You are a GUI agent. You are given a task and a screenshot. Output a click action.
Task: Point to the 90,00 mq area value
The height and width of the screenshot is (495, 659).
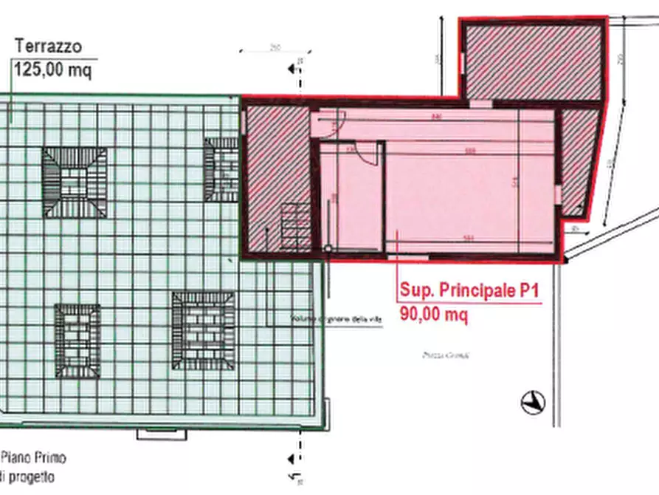pyautogui.click(x=434, y=313)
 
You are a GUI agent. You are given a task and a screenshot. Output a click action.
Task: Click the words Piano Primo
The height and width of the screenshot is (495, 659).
pyautogui.click(x=32, y=458)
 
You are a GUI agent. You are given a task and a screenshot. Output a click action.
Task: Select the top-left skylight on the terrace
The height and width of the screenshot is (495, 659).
pyautogui.click(x=74, y=182)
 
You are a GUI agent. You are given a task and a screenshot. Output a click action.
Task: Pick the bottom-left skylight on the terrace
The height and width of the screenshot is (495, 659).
pyautogui.click(x=77, y=339)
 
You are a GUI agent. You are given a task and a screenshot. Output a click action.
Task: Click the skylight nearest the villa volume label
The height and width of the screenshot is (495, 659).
pyautogui.click(x=204, y=330)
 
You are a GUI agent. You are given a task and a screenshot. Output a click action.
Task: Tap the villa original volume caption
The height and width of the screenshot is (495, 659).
pyautogui.click(x=336, y=319)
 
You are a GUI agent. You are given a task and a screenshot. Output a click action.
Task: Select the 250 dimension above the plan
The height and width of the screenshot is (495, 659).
pyautogui.click(x=274, y=49)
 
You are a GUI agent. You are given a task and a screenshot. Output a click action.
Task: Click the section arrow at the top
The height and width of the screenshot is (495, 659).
pyautogui.click(x=294, y=68)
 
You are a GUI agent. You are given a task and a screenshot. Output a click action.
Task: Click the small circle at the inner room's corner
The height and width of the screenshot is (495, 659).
pyautogui.click(x=328, y=247)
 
